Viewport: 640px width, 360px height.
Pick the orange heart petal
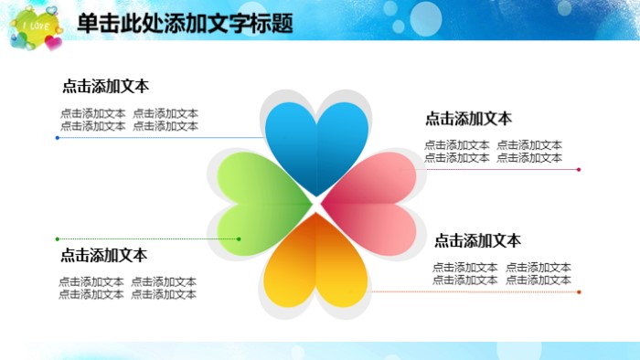[x=316, y=265]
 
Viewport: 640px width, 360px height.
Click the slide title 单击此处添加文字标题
[x=185, y=24]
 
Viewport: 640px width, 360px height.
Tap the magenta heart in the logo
[x=54, y=42]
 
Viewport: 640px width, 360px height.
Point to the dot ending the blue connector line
[x=58, y=138]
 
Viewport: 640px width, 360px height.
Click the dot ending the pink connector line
[x=579, y=169]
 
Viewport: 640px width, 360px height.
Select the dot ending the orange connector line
[x=579, y=292]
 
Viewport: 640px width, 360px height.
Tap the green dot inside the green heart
[x=239, y=239]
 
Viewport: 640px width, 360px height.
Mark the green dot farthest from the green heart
[x=58, y=239]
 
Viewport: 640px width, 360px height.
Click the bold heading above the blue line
[x=105, y=87]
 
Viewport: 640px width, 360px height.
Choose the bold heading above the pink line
[x=468, y=118]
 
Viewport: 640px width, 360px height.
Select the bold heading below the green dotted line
[x=103, y=255]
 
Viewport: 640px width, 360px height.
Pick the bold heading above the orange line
[x=477, y=241]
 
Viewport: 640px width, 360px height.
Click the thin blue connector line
[x=165, y=138]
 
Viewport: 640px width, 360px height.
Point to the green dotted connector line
[x=146, y=239]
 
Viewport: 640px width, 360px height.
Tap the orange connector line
[x=475, y=292]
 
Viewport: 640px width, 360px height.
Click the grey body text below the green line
[x=128, y=288]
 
